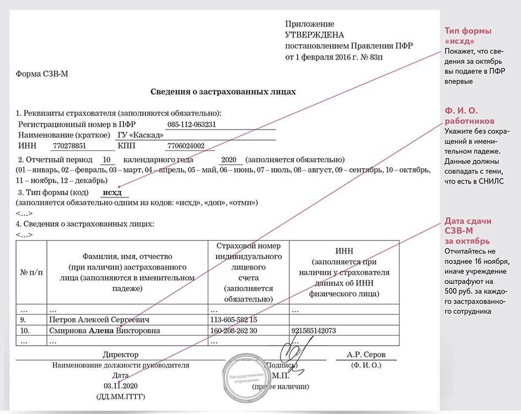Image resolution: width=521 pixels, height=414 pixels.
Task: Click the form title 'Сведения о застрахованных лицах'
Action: click(223, 92)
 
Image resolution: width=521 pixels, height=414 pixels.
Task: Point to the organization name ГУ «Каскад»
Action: click(141, 136)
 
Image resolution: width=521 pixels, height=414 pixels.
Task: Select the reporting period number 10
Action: click(108, 160)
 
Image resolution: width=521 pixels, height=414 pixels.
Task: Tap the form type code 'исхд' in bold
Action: click(115, 192)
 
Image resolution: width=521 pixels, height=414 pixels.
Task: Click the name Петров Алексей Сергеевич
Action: click(99, 320)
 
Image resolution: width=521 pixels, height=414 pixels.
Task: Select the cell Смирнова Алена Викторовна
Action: click(105, 331)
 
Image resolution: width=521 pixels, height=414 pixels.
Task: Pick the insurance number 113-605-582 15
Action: click(234, 320)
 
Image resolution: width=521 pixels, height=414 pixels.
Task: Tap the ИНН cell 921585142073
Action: click(314, 331)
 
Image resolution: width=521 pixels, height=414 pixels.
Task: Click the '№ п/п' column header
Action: click(31, 272)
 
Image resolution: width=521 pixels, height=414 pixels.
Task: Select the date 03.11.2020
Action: click(120, 385)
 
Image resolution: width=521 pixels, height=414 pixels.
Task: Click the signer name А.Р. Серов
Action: click(366, 354)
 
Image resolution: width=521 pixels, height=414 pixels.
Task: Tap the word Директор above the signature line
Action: click(120, 354)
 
